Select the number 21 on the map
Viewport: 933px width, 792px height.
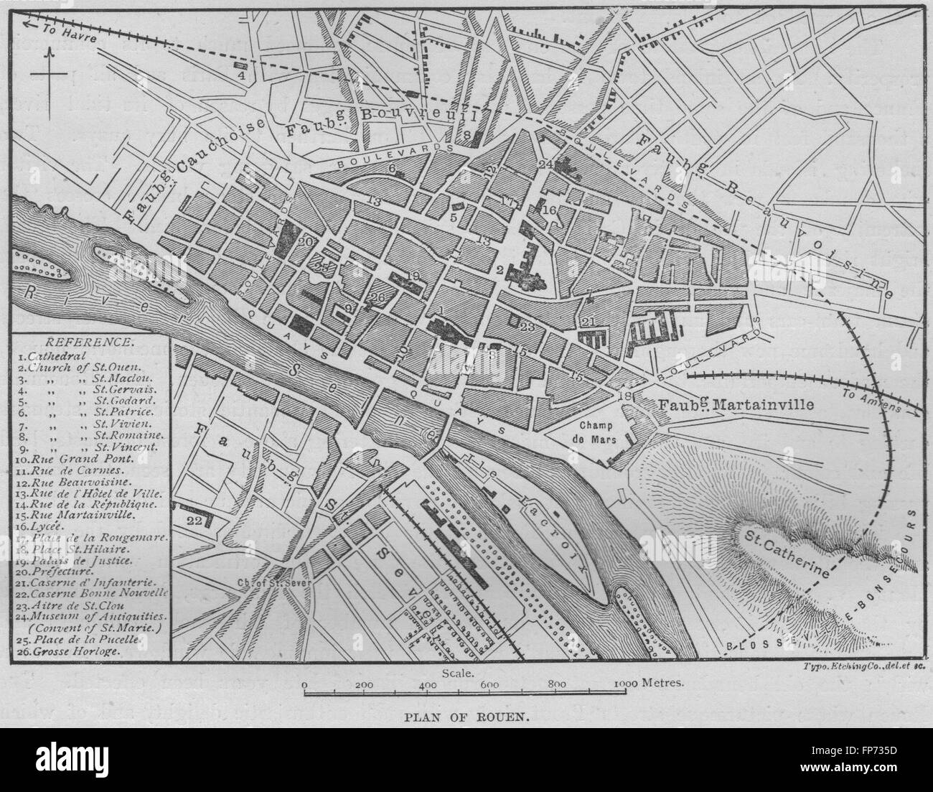pos(589,321)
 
